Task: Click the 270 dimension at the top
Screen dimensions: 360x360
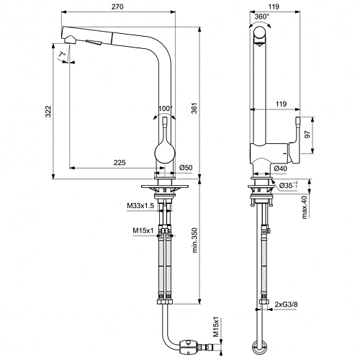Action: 117,6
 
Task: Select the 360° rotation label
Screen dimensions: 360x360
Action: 262,17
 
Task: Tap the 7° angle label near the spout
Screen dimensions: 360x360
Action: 62,55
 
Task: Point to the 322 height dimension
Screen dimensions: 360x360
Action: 48,111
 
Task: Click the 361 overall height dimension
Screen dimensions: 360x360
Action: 194,108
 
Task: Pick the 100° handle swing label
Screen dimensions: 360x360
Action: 166,109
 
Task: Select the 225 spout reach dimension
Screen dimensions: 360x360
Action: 120,163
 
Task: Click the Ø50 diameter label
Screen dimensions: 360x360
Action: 186,167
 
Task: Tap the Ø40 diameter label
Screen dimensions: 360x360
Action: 280,168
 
